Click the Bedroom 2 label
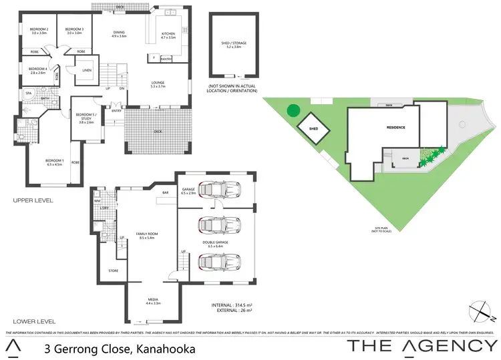click(x=39, y=30)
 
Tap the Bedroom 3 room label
click(x=73, y=30)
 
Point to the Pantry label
click(x=165, y=59)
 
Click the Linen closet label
click(x=87, y=70)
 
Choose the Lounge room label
click(x=162, y=83)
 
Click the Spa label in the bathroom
click(x=29, y=94)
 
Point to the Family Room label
click(x=146, y=234)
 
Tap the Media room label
click(x=154, y=301)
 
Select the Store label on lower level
click(x=114, y=271)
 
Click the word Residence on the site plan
click(x=396, y=127)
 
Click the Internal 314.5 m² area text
click(x=232, y=305)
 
